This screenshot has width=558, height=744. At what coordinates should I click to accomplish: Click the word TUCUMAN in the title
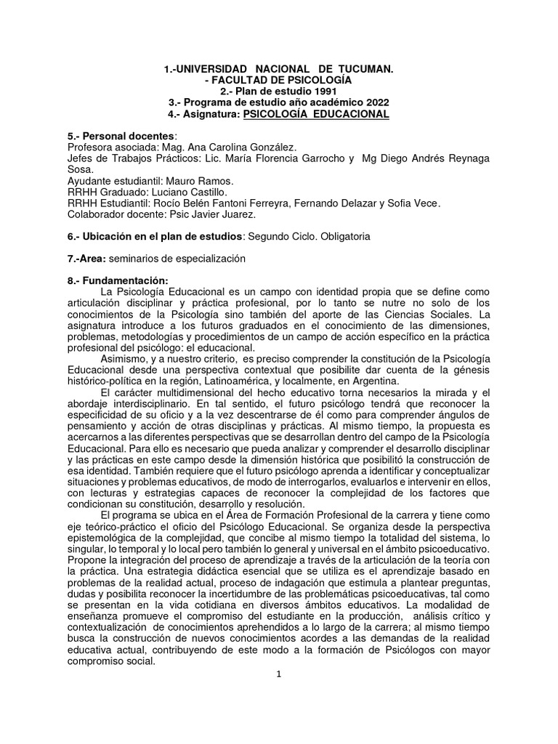coord(365,68)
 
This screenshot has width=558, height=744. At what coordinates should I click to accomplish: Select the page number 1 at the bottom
coord(279,674)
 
